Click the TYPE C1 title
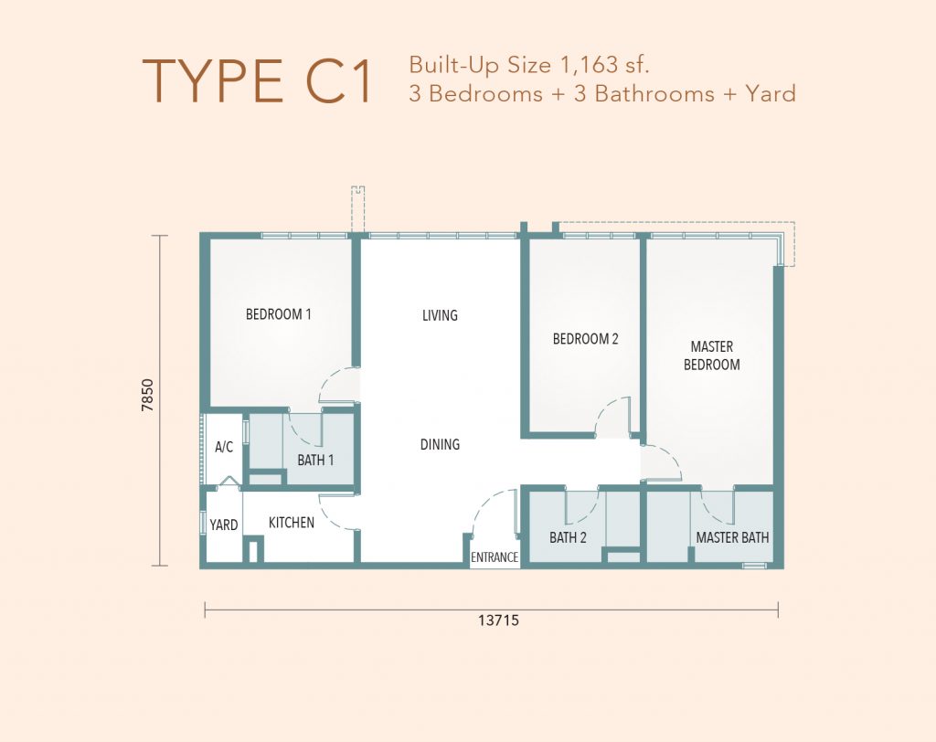click(x=257, y=81)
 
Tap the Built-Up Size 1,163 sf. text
click(x=529, y=65)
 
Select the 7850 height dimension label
click(x=147, y=395)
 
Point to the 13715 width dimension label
click(x=498, y=620)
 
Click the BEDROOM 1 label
click(x=279, y=314)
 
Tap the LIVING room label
click(x=440, y=315)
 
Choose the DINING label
click(x=440, y=444)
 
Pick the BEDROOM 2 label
click(x=586, y=339)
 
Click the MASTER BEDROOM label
click(x=711, y=355)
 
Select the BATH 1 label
click(x=315, y=461)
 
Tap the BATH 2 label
click(x=568, y=538)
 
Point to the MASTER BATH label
click(x=732, y=538)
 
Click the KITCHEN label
click(x=292, y=523)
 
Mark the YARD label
click(x=224, y=525)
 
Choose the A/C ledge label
click(x=224, y=447)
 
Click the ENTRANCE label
click(x=495, y=557)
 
